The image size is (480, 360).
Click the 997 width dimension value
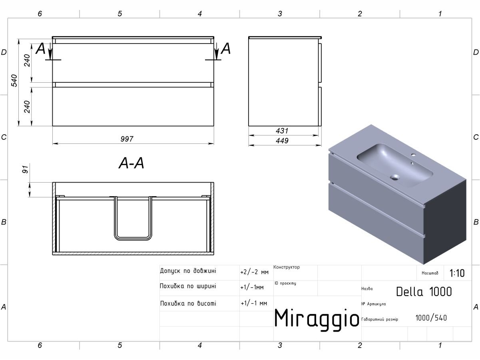click(x=127, y=139)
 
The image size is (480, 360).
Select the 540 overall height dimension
click(x=14, y=81)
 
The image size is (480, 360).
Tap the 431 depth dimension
click(x=282, y=131)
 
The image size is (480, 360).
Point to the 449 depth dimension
click(x=282, y=141)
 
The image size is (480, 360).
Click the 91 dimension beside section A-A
click(x=25, y=169)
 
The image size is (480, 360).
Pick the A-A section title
click(x=131, y=163)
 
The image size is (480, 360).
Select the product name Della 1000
click(x=424, y=292)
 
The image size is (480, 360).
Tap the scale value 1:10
click(x=457, y=273)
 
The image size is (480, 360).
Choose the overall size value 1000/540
click(x=431, y=318)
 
